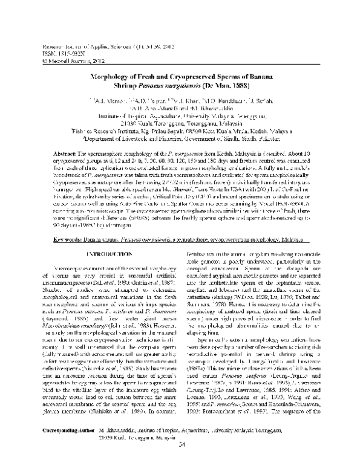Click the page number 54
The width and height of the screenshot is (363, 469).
(x=181, y=461)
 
